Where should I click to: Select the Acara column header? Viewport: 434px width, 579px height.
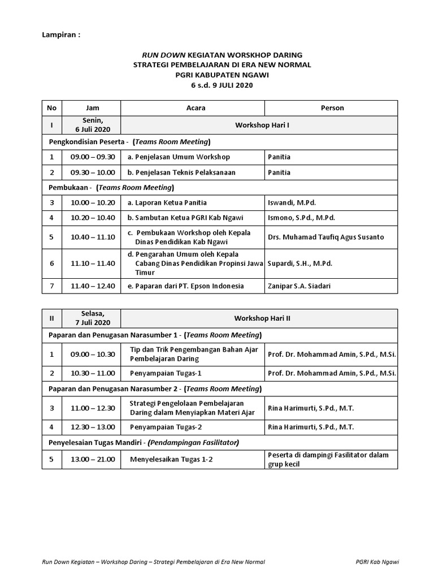196,107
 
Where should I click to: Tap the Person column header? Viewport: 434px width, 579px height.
332,107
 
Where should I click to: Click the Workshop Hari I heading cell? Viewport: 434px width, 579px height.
262,124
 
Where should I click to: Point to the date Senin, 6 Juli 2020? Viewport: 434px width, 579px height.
93,125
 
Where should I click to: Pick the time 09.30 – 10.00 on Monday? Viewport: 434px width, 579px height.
93,172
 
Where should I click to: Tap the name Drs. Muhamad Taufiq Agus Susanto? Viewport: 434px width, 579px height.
325,237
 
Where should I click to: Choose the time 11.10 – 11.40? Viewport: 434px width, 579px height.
93,263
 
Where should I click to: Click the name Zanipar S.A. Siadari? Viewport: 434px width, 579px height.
300,286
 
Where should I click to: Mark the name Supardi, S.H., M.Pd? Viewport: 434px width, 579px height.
300,263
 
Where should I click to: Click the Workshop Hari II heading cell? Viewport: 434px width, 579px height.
262,318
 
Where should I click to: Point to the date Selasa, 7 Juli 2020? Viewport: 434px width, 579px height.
93,318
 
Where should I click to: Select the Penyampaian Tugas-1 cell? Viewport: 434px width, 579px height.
166,373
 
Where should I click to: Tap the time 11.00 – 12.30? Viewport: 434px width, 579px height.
93,408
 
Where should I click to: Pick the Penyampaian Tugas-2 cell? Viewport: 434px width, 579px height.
166,427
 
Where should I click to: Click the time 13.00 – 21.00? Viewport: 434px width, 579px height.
93,459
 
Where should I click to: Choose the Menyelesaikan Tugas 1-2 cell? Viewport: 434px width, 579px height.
171,459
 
